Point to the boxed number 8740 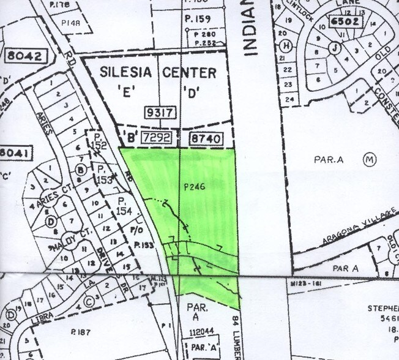(x=205, y=140)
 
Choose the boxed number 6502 (x=345, y=21)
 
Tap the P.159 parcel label (x=198, y=19)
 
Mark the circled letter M (x=368, y=160)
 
